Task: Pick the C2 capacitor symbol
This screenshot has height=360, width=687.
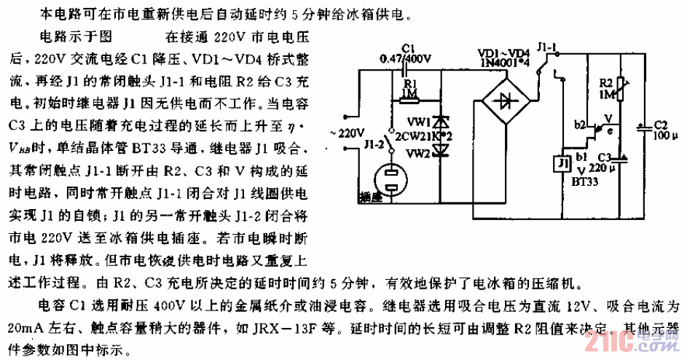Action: pyautogui.click(x=640, y=128)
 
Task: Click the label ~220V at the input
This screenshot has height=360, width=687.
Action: pyautogui.click(x=350, y=133)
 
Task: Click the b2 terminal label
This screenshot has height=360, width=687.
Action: pyautogui.click(x=581, y=125)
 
